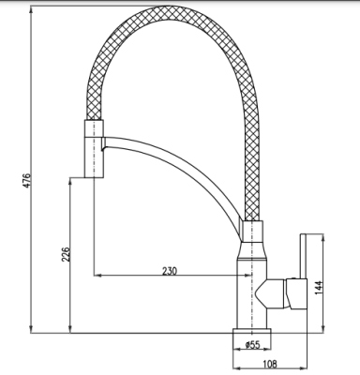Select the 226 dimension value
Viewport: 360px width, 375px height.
[x=66, y=255]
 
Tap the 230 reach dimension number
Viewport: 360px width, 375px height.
[x=169, y=271]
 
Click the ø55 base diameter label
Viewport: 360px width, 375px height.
[x=252, y=345]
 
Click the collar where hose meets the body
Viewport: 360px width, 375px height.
[x=252, y=233]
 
